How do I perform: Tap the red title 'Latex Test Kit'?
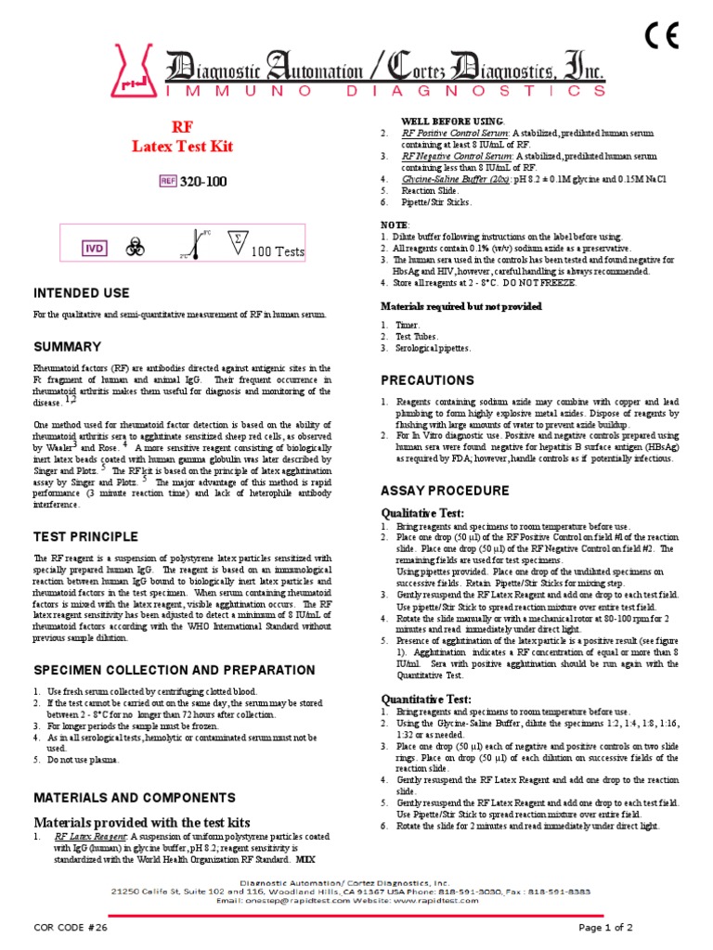(x=183, y=147)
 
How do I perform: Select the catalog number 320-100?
(x=202, y=181)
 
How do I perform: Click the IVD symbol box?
(x=94, y=249)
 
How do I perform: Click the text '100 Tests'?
(x=279, y=251)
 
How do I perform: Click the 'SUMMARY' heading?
(x=68, y=347)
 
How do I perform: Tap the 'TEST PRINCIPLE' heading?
(x=85, y=536)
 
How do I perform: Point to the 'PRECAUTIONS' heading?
(x=427, y=380)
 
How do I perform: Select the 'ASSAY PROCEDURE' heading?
(x=445, y=490)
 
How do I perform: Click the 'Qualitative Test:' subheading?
(x=424, y=513)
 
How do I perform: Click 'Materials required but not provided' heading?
(x=461, y=305)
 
